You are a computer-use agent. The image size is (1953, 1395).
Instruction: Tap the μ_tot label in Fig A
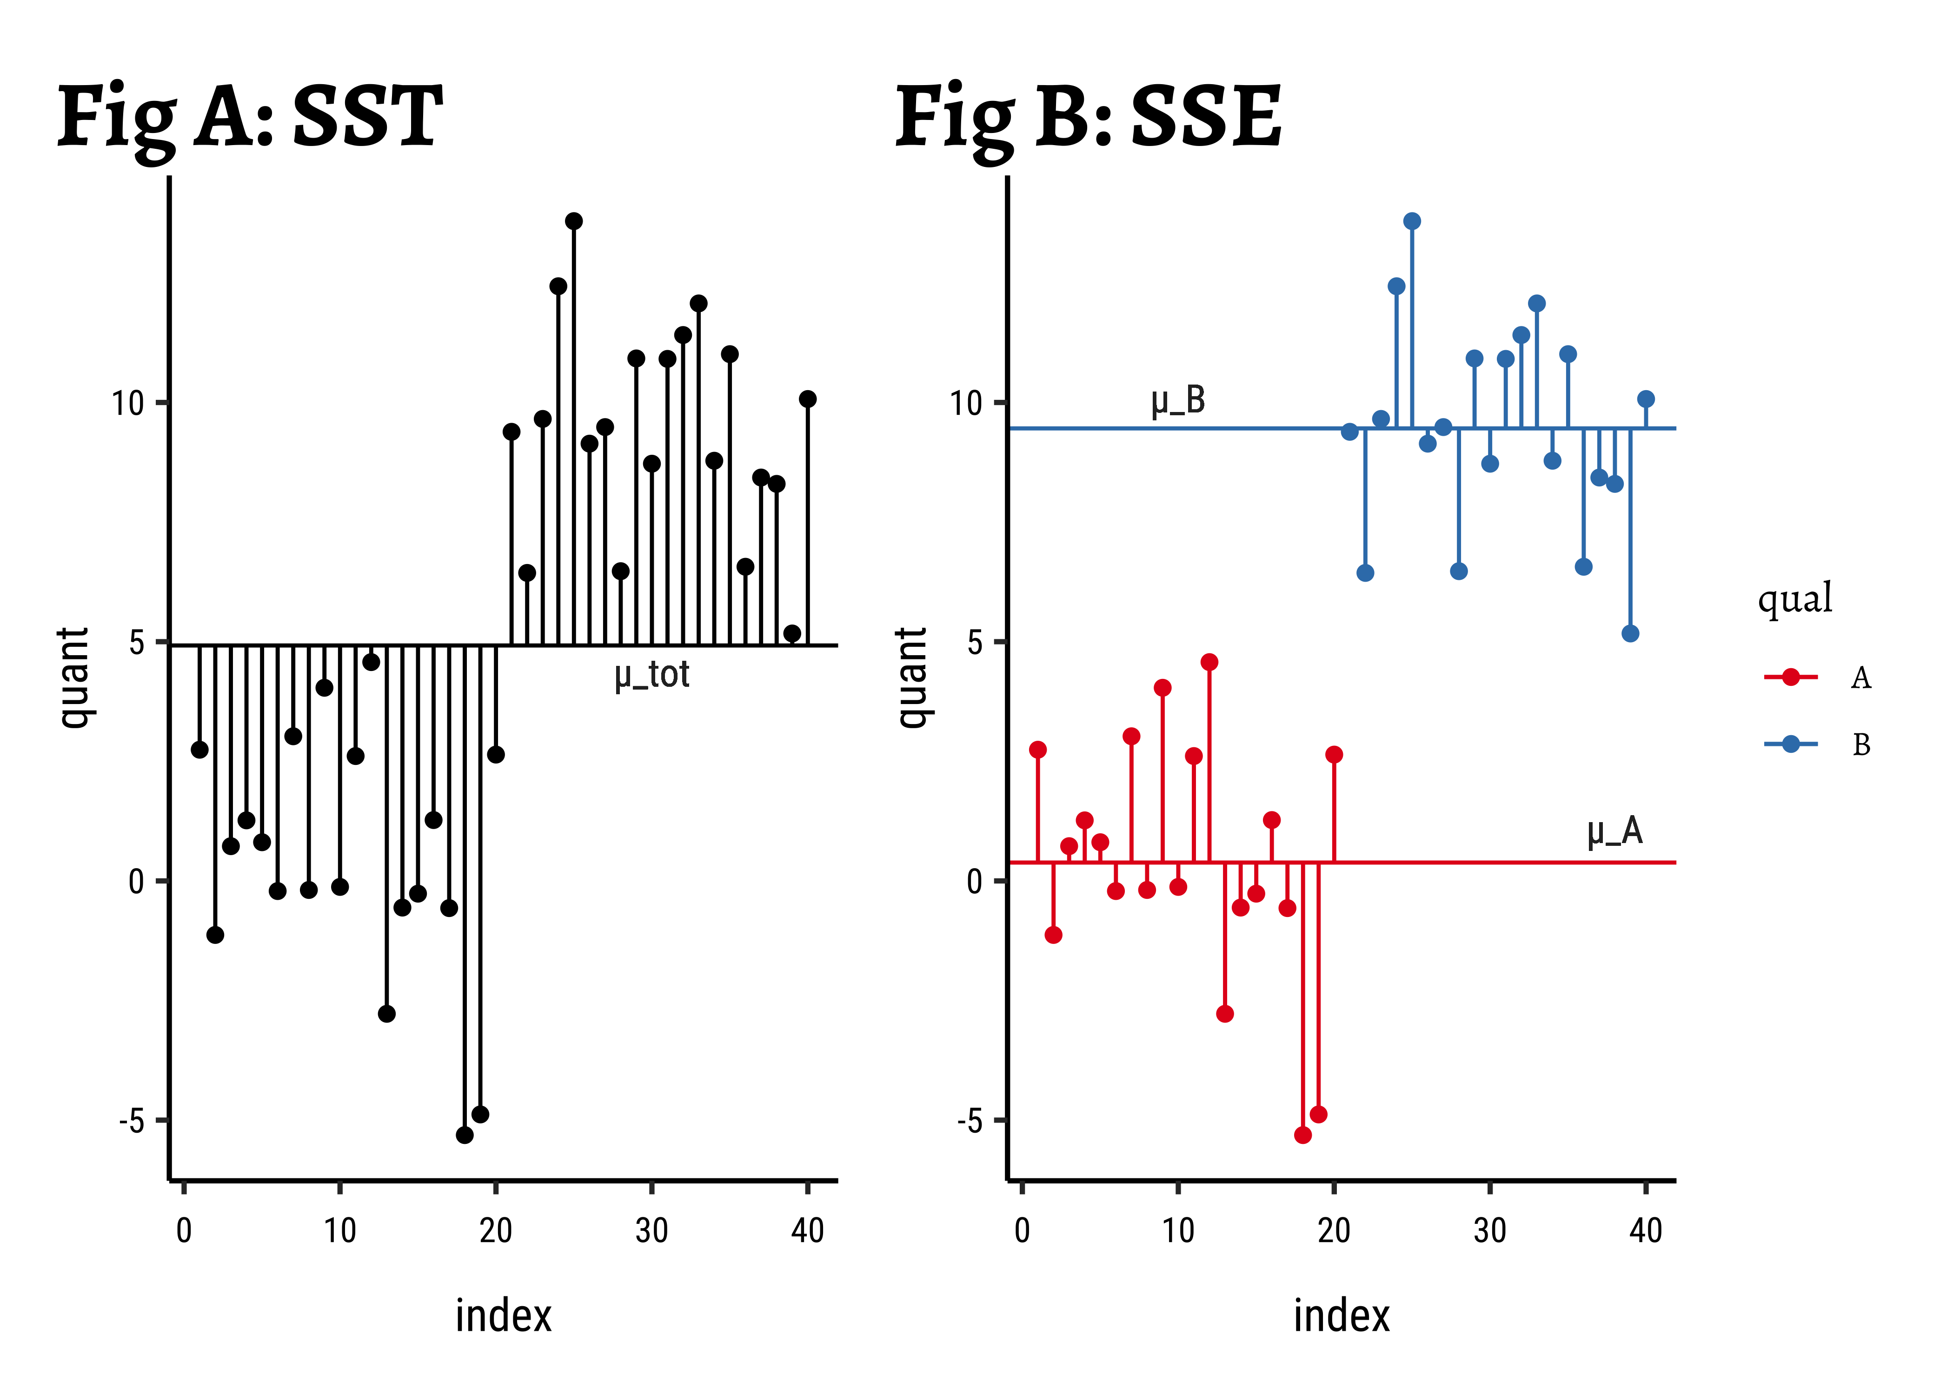652,675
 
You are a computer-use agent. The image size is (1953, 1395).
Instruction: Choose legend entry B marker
1791,744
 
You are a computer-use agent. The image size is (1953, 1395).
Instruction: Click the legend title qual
1795,599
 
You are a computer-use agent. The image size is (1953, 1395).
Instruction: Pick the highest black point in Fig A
574,222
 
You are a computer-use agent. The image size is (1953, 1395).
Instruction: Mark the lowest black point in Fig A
465,1136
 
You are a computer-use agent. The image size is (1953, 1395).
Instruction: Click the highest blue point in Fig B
1412,222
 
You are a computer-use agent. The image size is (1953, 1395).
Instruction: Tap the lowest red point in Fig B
1303,1136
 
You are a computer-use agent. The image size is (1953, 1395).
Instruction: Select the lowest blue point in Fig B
1630,634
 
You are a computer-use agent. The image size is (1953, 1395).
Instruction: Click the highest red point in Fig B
1209,662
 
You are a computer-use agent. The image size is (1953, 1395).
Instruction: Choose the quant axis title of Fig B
912,678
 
